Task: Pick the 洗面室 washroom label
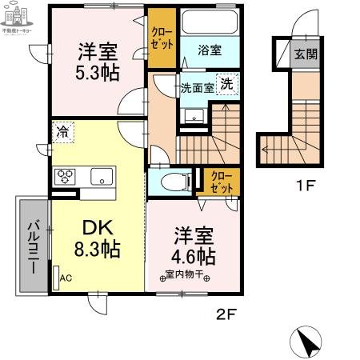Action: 197,88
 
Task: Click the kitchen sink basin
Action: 102,176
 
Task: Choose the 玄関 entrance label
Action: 304,54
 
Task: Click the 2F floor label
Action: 226,314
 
